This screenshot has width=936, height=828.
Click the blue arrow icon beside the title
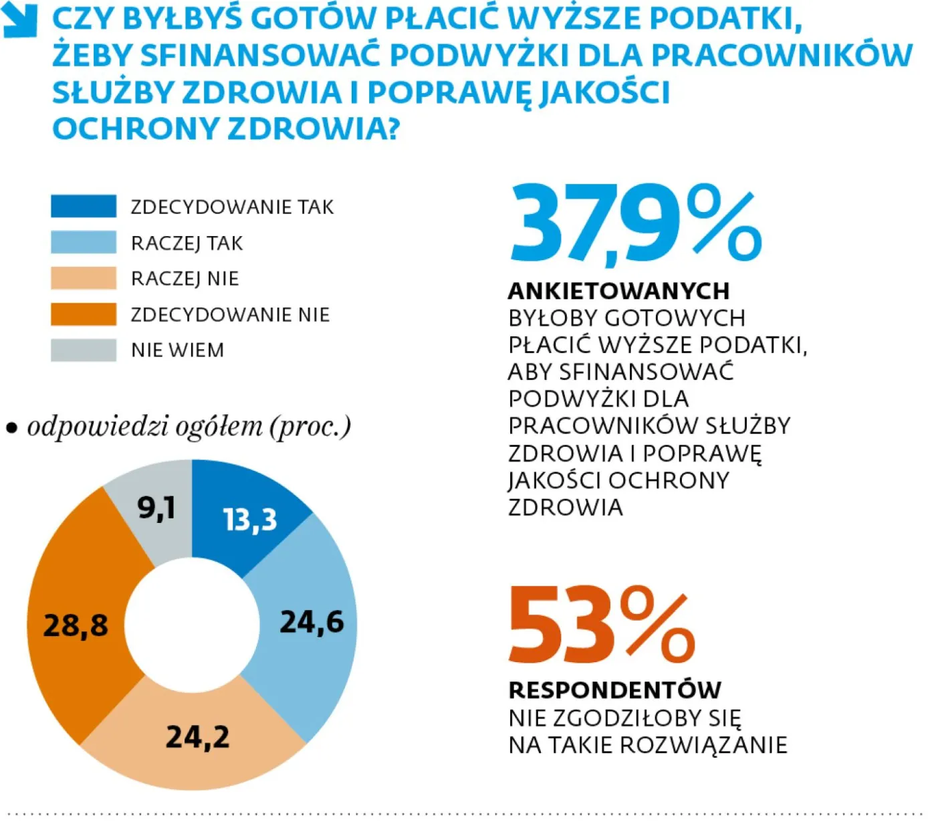19,21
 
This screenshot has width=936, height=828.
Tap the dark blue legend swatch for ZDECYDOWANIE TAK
84,206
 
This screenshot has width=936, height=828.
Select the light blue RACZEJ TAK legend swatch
84,242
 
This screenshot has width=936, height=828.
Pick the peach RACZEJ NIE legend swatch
84,278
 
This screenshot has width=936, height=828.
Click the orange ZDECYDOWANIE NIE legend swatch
84,314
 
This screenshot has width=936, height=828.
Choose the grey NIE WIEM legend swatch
84,350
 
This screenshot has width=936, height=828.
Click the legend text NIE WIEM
177,350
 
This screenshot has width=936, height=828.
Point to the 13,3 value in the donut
249,520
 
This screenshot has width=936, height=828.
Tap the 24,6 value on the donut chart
312,622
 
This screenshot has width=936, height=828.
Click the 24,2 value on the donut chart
198,737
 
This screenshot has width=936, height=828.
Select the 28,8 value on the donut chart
76,625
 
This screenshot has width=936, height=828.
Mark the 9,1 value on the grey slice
156,507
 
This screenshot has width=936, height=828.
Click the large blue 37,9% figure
635,225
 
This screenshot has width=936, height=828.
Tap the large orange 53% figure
602,625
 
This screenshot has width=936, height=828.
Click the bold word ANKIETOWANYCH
618,291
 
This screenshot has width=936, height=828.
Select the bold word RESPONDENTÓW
615,690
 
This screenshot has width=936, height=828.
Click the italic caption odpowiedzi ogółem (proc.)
189,426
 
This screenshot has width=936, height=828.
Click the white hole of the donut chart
192,625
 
